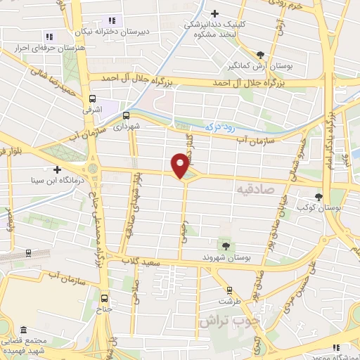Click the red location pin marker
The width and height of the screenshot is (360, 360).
pyautogui.click(x=181, y=165)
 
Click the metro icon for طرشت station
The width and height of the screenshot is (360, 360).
pyautogui.click(x=229, y=290)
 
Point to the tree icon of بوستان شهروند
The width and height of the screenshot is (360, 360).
pyautogui.click(x=226, y=245)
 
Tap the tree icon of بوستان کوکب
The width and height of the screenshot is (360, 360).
pyautogui.click(x=319, y=197)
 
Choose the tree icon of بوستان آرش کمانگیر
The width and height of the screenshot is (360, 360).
pyautogui.click(x=261, y=54)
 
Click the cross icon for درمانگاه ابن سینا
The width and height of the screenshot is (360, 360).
pyautogui.click(x=57, y=169)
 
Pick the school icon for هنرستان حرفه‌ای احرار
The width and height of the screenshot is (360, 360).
pyautogui.click(x=49, y=36)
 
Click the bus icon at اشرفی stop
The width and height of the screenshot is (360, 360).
pyautogui.click(x=92, y=99)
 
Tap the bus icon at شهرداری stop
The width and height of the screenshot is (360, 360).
pyautogui.click(x=127, y=115)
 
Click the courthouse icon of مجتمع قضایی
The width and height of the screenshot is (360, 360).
pyautogui.click(x=24, y=330)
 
